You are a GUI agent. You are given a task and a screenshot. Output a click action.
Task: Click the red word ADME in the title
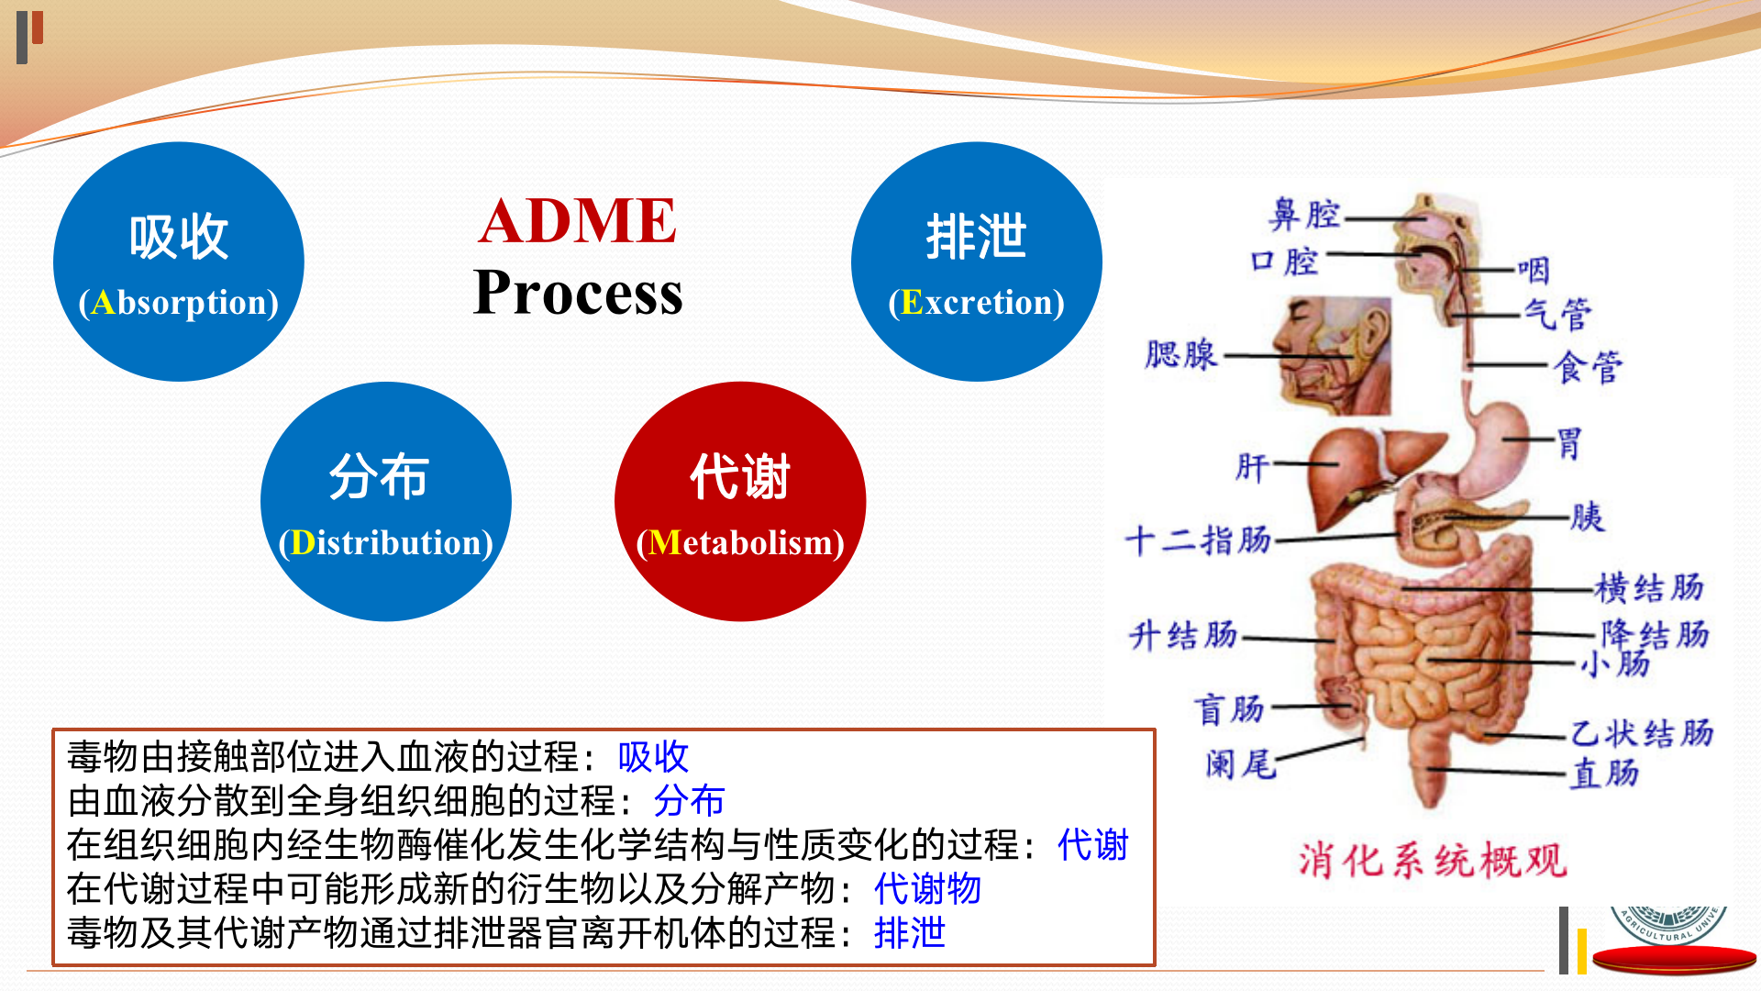click(577, 221)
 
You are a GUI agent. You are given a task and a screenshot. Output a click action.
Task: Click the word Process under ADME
click(577, 293)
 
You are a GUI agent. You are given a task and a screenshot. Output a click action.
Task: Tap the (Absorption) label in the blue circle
click(179, 302)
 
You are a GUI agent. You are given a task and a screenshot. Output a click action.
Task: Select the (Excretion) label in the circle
click(976, 302)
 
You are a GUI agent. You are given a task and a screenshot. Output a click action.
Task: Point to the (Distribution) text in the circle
click(385, 542)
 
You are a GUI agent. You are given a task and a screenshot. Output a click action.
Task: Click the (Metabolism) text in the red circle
click(739, 542)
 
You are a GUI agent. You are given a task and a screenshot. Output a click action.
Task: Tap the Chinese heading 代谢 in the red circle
click(739, 477)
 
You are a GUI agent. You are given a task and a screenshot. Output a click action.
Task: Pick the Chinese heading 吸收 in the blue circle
click(179, 237)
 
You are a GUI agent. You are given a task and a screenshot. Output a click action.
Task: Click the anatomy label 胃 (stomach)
click(1569, 443)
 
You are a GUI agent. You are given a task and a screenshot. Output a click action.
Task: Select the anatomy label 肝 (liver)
click(1252, 467)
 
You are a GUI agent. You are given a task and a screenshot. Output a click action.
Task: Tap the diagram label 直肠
click(1605, 774)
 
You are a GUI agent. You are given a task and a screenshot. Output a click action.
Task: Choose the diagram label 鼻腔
click(1304, 215)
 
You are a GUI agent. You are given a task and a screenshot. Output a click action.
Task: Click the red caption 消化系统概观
click(1432, 861)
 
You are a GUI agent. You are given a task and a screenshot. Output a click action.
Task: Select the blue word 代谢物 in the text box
click(927, 888)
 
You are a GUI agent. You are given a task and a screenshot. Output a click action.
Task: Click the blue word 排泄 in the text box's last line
click(909, 932)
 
